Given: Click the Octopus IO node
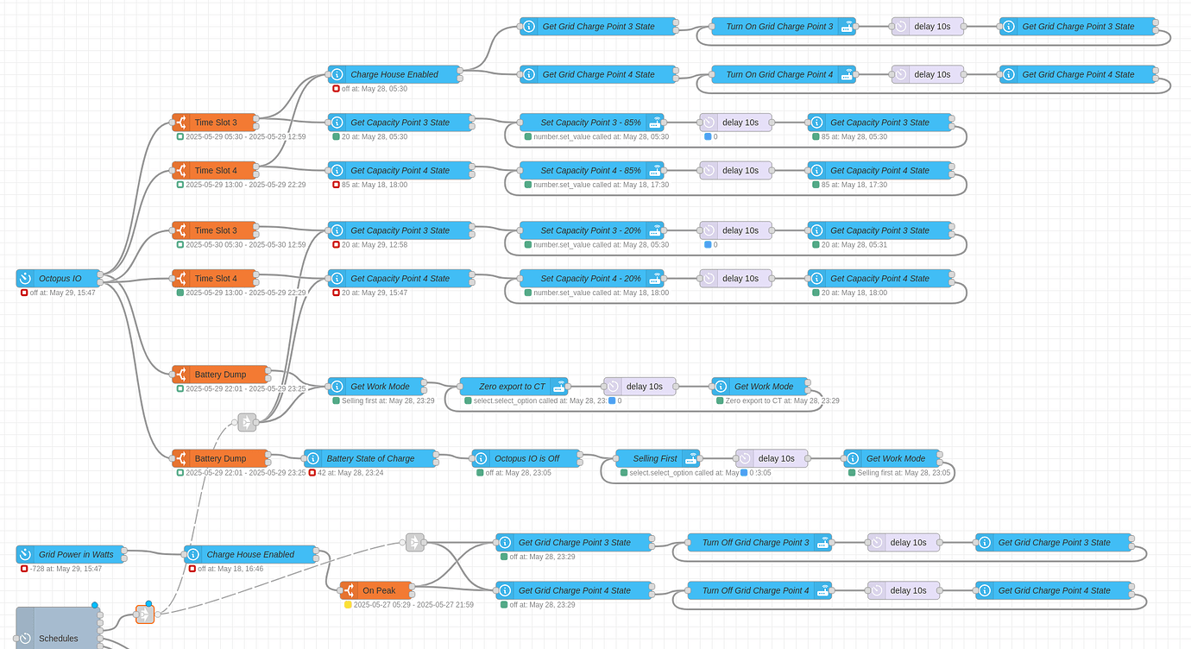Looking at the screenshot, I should pyautogui.click(x=59, y=279).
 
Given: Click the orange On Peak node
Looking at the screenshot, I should pyautogui.click(x=379, y=590).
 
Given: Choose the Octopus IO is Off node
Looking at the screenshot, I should pyautogui.click(x=526, y=458).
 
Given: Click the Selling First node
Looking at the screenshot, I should pyautogui.click(x=656, y=458).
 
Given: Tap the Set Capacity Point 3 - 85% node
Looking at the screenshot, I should pyautogui.click(x=591, y=123).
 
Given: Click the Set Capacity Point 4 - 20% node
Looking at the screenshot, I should pyautogui.click(x=591, y=279).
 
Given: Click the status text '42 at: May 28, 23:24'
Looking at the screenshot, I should pyautogui.click(x=350, y=473).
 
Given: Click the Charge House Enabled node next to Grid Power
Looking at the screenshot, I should pyautogui.click(x=250, y=554).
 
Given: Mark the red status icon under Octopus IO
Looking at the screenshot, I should pyautogui.click(x=24, y=293).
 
